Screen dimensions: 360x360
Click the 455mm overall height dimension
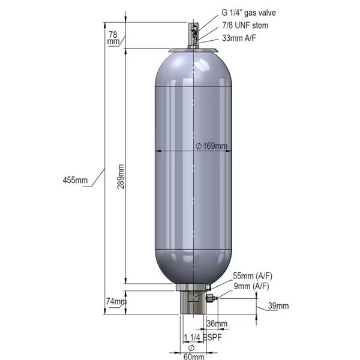point(75,180)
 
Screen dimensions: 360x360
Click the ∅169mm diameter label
point(211,146)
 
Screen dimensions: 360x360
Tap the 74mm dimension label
point(114,302)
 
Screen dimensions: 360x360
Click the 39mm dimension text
point(278,306)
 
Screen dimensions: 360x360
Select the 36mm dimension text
point(217,324)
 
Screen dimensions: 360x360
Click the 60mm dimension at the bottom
point(193,357)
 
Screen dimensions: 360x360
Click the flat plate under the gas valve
point(193,50)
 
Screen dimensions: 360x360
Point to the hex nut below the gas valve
point(193,44)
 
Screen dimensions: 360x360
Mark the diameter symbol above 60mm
point(191,348)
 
